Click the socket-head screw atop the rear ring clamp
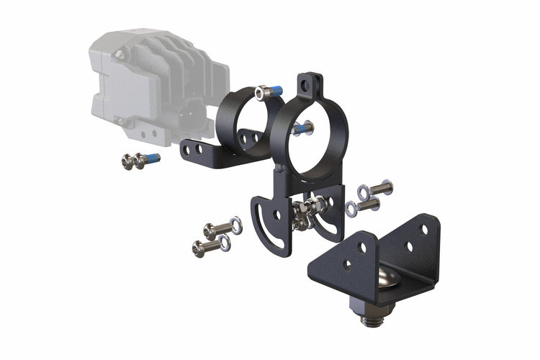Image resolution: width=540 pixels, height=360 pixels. [269, 91]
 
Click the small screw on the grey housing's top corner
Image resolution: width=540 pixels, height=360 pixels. [121, 54]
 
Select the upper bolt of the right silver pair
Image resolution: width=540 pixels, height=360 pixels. [379, 189]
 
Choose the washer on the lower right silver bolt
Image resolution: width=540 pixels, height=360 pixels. [351, 209]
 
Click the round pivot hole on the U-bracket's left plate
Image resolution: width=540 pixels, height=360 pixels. [278, 215]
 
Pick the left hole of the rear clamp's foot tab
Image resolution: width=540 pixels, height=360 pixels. [189, 149]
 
